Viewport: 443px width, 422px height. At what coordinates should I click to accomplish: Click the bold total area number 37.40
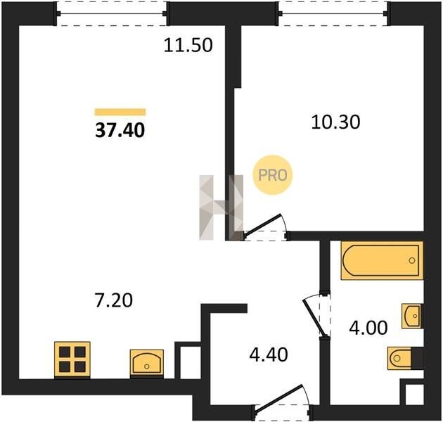pyautogui.click(x=120, y=131)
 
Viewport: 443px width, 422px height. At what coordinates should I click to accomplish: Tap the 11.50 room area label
pyautogui.click(x=188, y=45)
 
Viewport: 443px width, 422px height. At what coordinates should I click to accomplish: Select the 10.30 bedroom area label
pyautogui.click(x=335, y=122)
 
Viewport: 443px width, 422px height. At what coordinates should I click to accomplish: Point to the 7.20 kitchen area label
pyautogui.click(x=114, y=300)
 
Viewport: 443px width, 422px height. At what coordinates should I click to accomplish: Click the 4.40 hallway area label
pyautogui.click(x=269, y=354)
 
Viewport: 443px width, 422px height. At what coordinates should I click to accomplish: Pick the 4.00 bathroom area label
pyautogui.click(x=368, y=328)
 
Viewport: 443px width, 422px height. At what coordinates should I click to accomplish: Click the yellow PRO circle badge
pyautogui.click(x=273, y=175)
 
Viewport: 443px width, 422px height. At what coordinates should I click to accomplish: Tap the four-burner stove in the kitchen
pyautogui.click(x=72, y=360)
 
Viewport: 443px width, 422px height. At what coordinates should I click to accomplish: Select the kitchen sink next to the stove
pyautogui.click(x=147, y=363)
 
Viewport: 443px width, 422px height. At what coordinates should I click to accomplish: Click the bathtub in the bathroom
pyautogui.click(x=382, y=260)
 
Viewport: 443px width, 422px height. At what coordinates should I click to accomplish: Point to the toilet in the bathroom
pyautogui.click(x=405, y=358)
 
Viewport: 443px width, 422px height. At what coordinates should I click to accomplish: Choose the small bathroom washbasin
pyautogui.click(x=412, y=316)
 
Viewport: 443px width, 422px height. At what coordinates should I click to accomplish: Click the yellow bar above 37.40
pyautogui.click(x=120, y=113)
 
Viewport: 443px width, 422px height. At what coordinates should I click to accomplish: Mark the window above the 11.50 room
pyautogui.click(x=112, y=13)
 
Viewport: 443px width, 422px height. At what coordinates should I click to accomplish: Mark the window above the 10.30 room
pyautogui.click(x=333, y=13)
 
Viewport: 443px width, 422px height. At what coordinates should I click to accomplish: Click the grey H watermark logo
pyautogui.click(x=222, y=207)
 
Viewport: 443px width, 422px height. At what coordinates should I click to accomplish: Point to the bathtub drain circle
pyautogui.click(x=411, y=260)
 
